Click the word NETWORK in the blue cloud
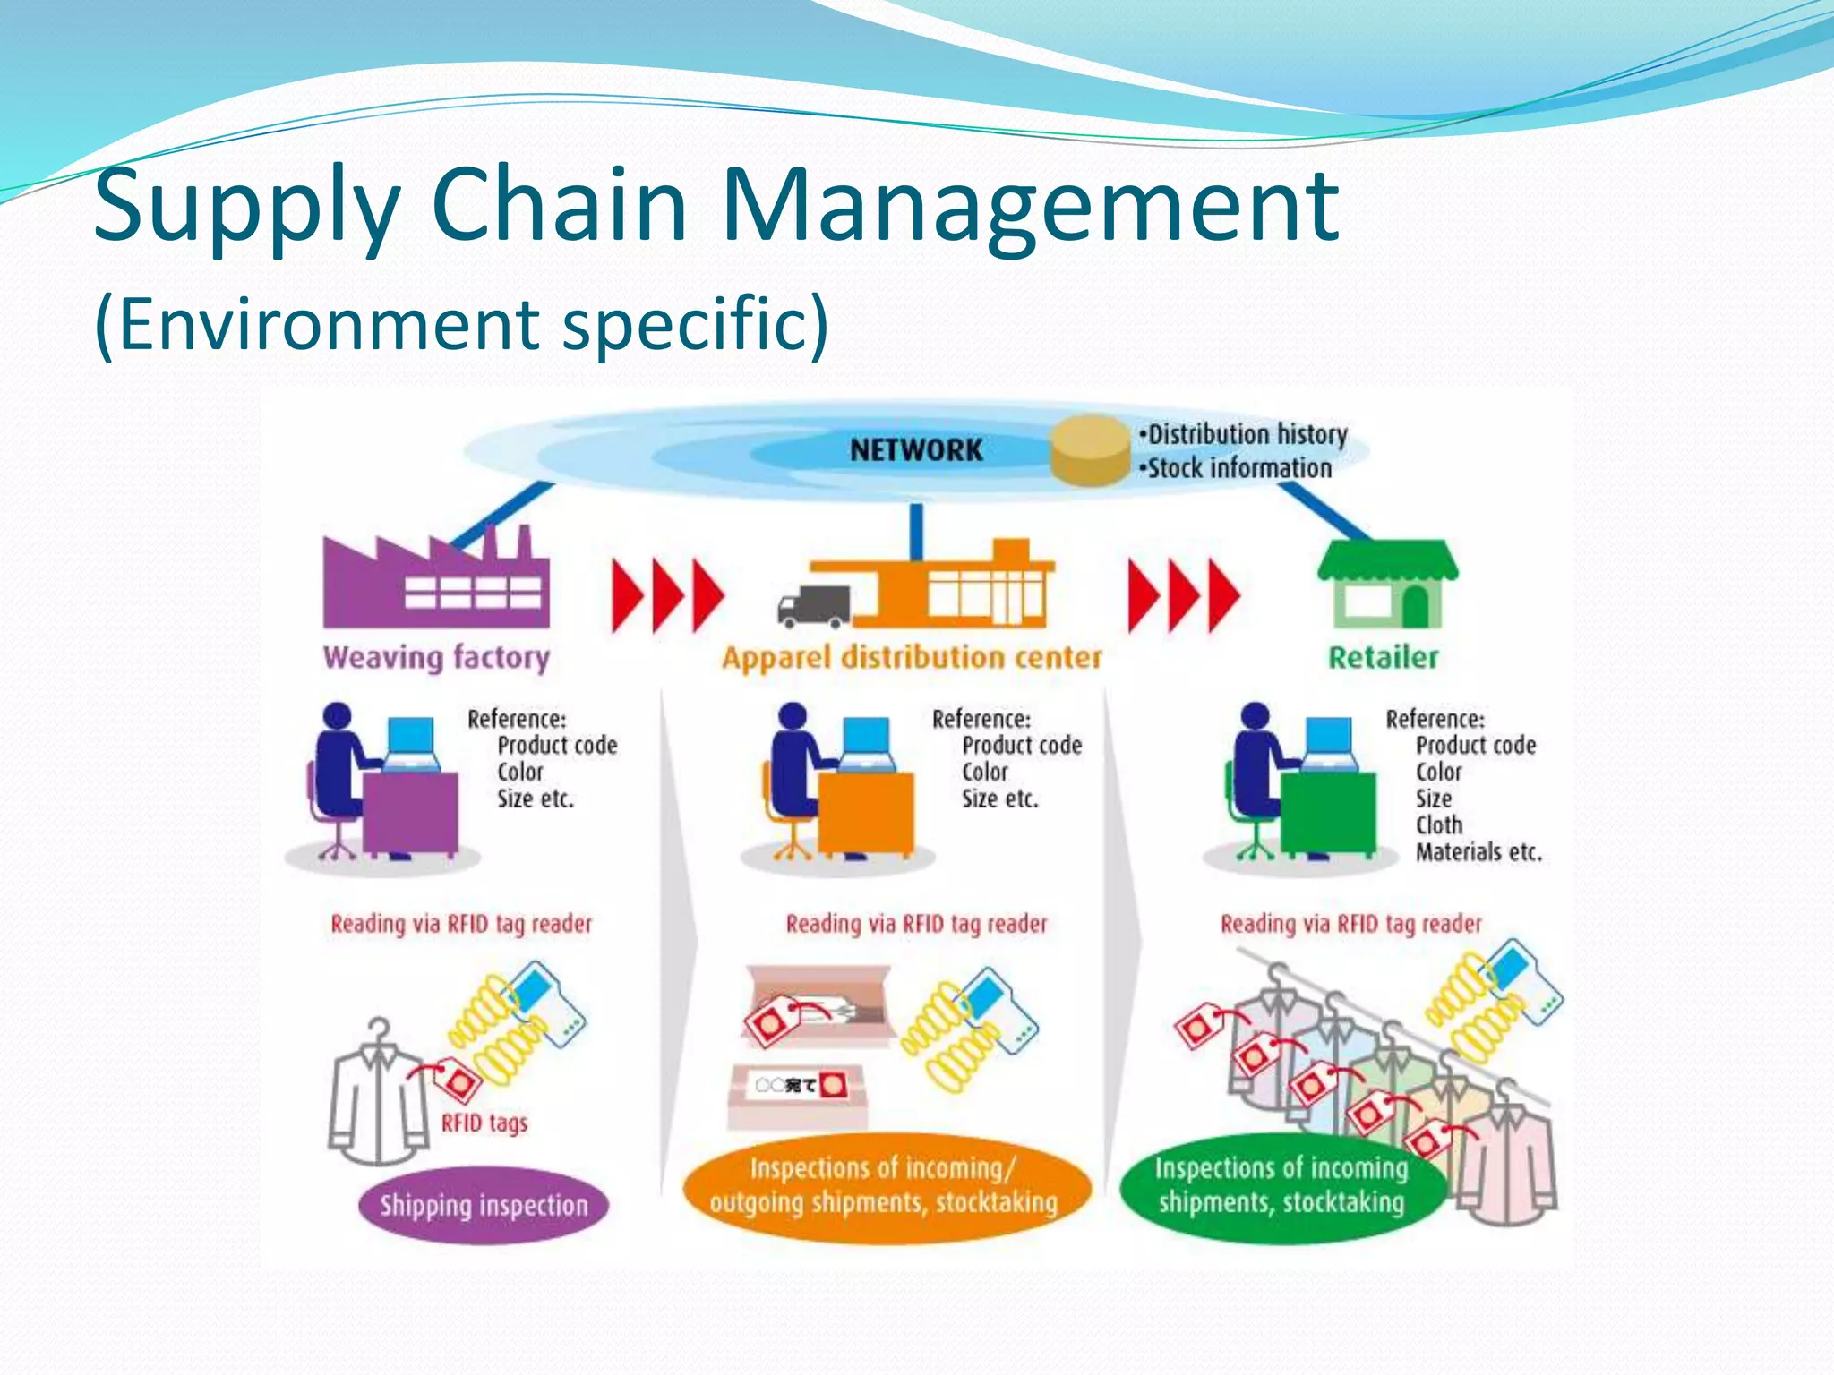click(x=916, y=449)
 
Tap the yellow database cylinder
click(x=1090, y=450)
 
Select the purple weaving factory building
click(x=435, y=582)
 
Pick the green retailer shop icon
click(x=1386, y=586)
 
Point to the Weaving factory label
click(x=436, y=657)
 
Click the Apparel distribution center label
click(x=912, y=657)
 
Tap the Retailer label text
click(x=1383, y=657)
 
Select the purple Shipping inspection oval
click(x=484, y=1205)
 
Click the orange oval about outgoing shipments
click(x=885, y=1185)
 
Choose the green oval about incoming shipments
click(x=1281, y=1185)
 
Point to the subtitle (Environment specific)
click(x=461, y=324)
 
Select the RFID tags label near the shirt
click(x=484, y=1123)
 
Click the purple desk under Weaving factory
click(x=410, y=813)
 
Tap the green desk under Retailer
click(x=1327, y=813)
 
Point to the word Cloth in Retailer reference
click(x=1438, y=824)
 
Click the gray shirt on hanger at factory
click(x=378, y=1101)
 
